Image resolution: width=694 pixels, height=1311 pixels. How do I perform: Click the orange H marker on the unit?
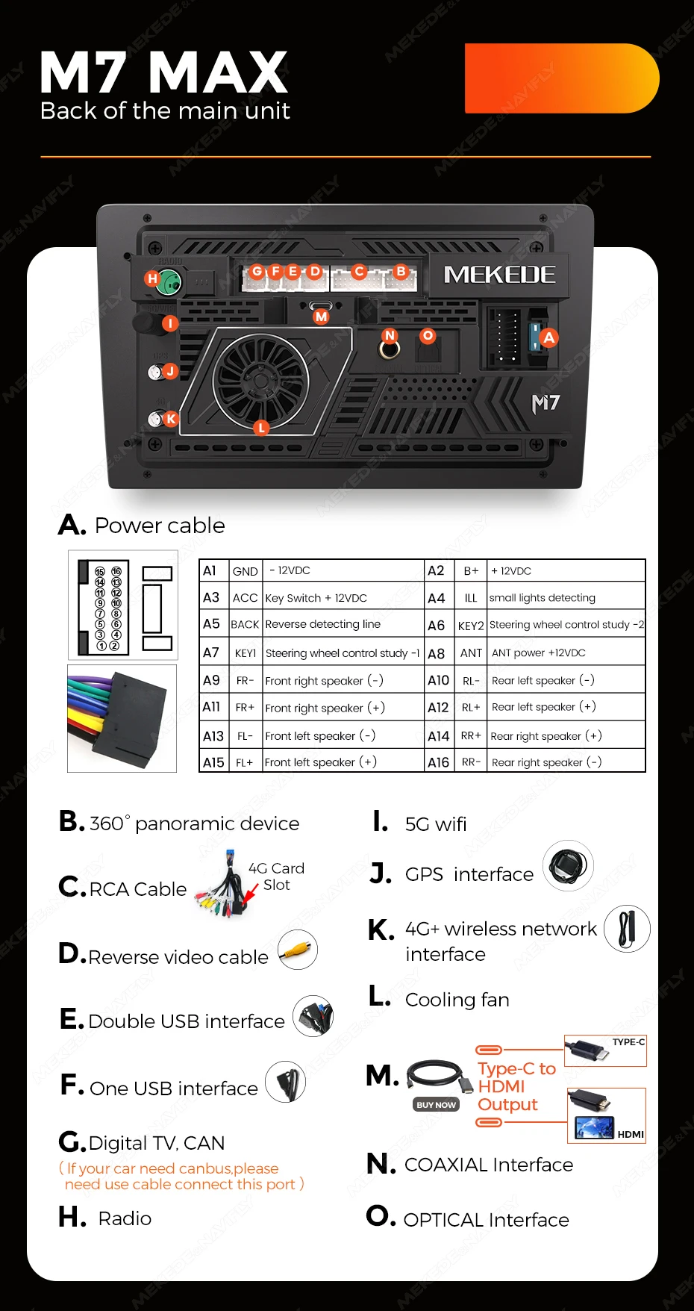152,278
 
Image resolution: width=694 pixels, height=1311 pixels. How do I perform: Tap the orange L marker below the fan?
260,428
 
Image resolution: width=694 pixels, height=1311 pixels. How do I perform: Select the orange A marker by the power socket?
549,337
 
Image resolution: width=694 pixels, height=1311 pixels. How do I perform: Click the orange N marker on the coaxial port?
390,336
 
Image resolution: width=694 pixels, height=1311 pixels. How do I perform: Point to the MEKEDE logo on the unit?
499,275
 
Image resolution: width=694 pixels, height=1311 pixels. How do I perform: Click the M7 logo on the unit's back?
545,404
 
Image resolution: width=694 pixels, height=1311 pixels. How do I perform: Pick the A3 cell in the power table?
212,597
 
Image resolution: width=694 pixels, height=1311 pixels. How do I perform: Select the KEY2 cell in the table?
471,626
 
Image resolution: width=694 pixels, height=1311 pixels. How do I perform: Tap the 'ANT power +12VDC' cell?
539,653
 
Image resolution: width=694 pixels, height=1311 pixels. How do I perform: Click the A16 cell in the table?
439,762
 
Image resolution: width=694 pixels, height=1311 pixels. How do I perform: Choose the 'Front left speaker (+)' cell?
321,762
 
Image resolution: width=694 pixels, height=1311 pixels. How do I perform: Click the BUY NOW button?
436,1104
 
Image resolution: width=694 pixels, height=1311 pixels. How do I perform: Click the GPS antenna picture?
568,866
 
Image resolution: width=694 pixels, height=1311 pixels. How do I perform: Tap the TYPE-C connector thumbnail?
605,1050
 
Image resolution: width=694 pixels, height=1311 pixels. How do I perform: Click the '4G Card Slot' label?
276,876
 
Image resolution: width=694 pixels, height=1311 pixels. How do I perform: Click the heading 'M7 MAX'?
163,73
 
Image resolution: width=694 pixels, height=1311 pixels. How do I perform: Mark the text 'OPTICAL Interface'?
486,1220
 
